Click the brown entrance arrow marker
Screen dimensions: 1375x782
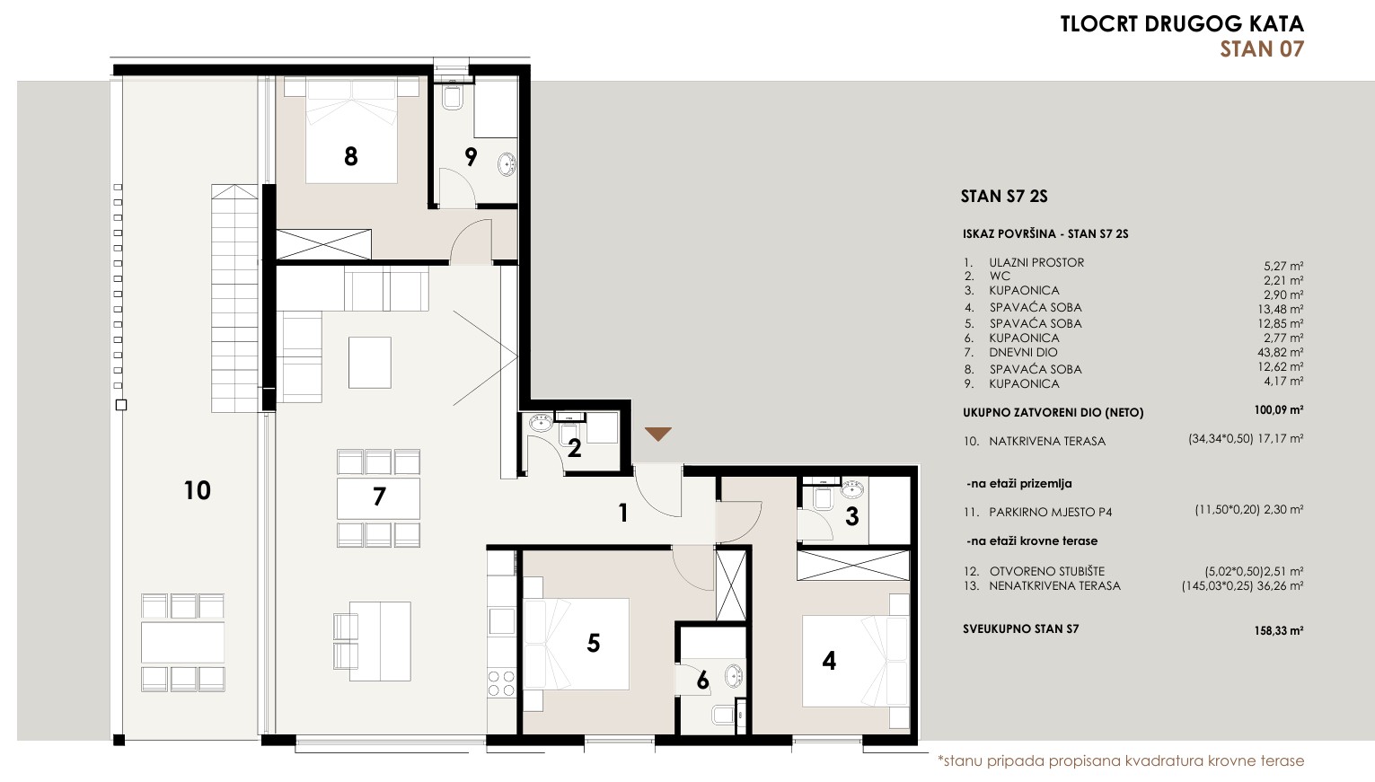[658, 434]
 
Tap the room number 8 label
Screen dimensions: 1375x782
[350, 156]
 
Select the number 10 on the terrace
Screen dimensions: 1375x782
[197, 490]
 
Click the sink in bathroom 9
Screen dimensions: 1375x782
[507, 164]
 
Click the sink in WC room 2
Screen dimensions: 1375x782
[541, 423]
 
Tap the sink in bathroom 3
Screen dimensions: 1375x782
[852, 489]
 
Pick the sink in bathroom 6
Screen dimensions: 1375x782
[734, 676]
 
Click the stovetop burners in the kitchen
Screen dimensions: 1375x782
[501, 683]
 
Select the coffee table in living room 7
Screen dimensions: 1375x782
[369, 362]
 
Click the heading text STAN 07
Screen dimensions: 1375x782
[1262, 49]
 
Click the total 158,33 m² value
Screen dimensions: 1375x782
[1279, 630]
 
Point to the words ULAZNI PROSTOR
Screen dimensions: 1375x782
[1036, 263]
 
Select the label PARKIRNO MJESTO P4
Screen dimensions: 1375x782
[1050, 512]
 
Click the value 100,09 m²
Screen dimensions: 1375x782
[1279, 410]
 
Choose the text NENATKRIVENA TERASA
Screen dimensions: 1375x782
[1054, 585]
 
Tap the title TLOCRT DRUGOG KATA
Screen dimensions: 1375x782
[1182, 24]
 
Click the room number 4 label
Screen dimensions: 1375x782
[829, 661]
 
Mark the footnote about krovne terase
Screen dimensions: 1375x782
[1121, 761]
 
